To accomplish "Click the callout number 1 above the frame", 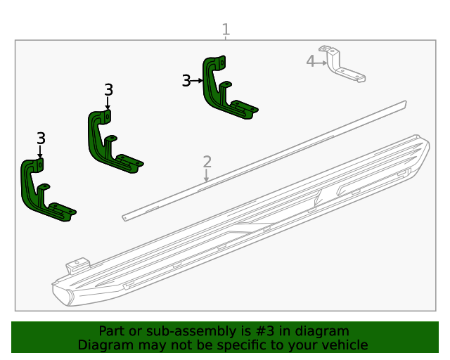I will click(226, 30).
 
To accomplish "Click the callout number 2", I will click(207, 162).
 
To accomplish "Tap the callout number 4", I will click(310, 61).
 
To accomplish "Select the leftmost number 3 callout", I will click(41, 139).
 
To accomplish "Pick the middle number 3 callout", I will click(108, 90).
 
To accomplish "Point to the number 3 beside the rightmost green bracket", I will click(186, 81).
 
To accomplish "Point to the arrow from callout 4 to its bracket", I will click(322, 62).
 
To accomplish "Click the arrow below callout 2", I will click(207, 176).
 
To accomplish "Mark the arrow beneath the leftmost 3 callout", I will click(40, 151).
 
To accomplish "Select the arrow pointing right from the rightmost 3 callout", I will click(197, 81).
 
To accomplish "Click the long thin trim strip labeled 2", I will click(267, 158).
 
